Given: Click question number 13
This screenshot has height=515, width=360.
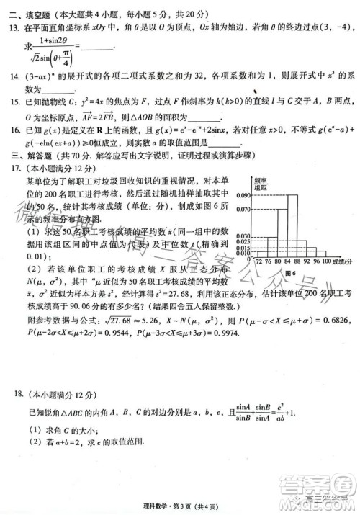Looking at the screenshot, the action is (x=12, y=27).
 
